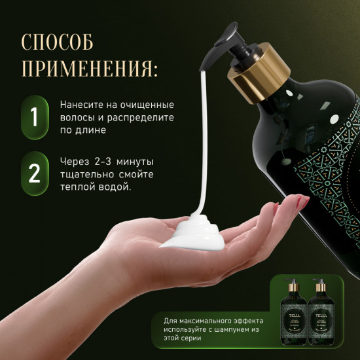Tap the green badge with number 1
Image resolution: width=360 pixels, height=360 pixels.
pyautogui.click(x=34, y=118)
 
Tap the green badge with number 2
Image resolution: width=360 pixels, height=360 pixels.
pyautogui.click(x=34, y=174)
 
